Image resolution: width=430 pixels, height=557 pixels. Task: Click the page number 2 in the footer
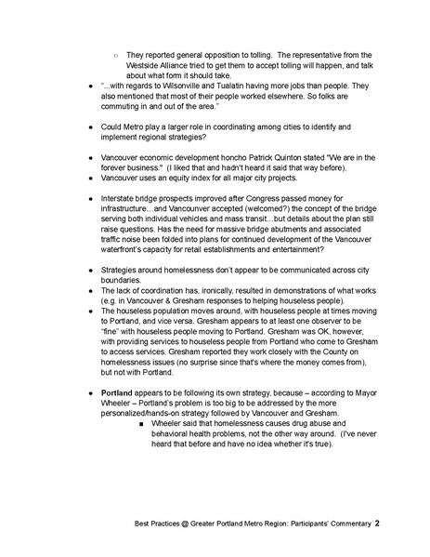[377, 523]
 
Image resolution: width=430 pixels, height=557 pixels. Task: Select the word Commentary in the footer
[341, 523]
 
